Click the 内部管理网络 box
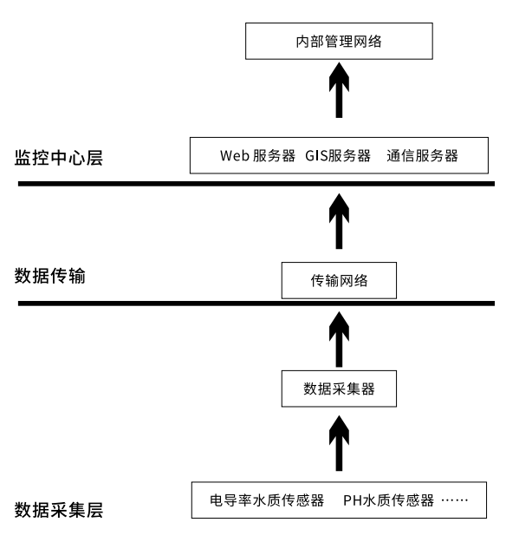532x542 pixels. [339, 41]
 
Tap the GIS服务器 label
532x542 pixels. [338, 156]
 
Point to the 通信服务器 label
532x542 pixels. [423, 156]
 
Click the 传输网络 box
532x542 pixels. [339, 281]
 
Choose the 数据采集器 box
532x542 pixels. [339, 389]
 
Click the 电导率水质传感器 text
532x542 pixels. [267, 500]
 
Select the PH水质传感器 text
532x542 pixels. [387, 500]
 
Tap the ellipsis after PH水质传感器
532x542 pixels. [455, 500]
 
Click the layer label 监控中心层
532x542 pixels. [58, 158]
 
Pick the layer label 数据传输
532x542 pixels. [50, 277]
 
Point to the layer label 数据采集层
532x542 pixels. [58, 511]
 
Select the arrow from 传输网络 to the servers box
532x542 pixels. [339, 221]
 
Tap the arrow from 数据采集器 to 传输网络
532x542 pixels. [339, 336]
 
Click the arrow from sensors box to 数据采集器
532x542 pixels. [339, 443]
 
